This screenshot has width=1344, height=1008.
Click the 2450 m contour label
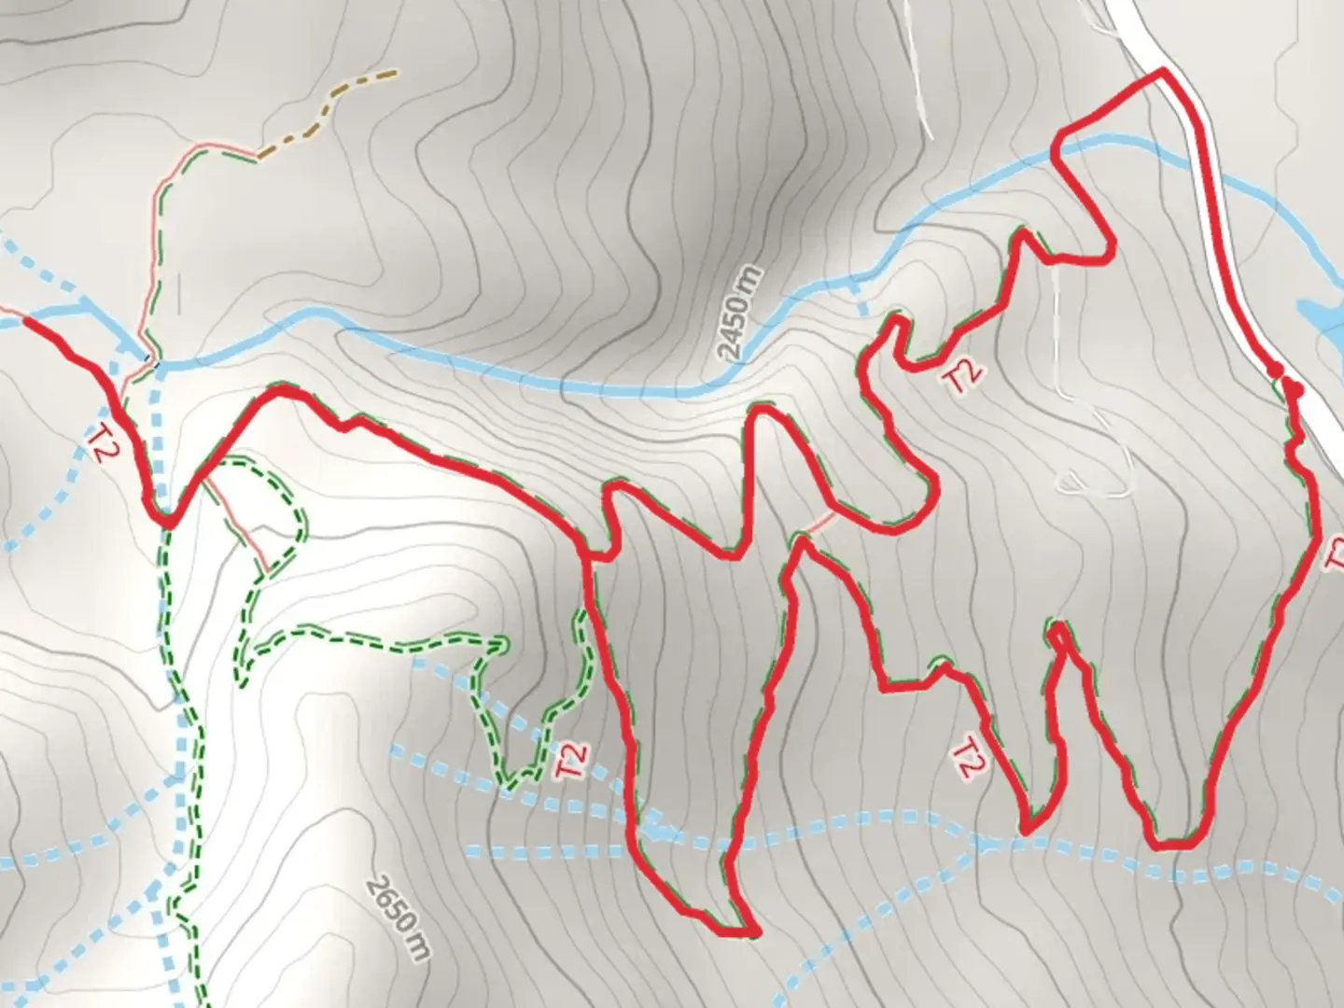click(x=740, y=314)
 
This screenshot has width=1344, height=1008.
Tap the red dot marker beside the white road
click(x=1277, y=372)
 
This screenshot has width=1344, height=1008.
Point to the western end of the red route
click(x=24, y=320)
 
